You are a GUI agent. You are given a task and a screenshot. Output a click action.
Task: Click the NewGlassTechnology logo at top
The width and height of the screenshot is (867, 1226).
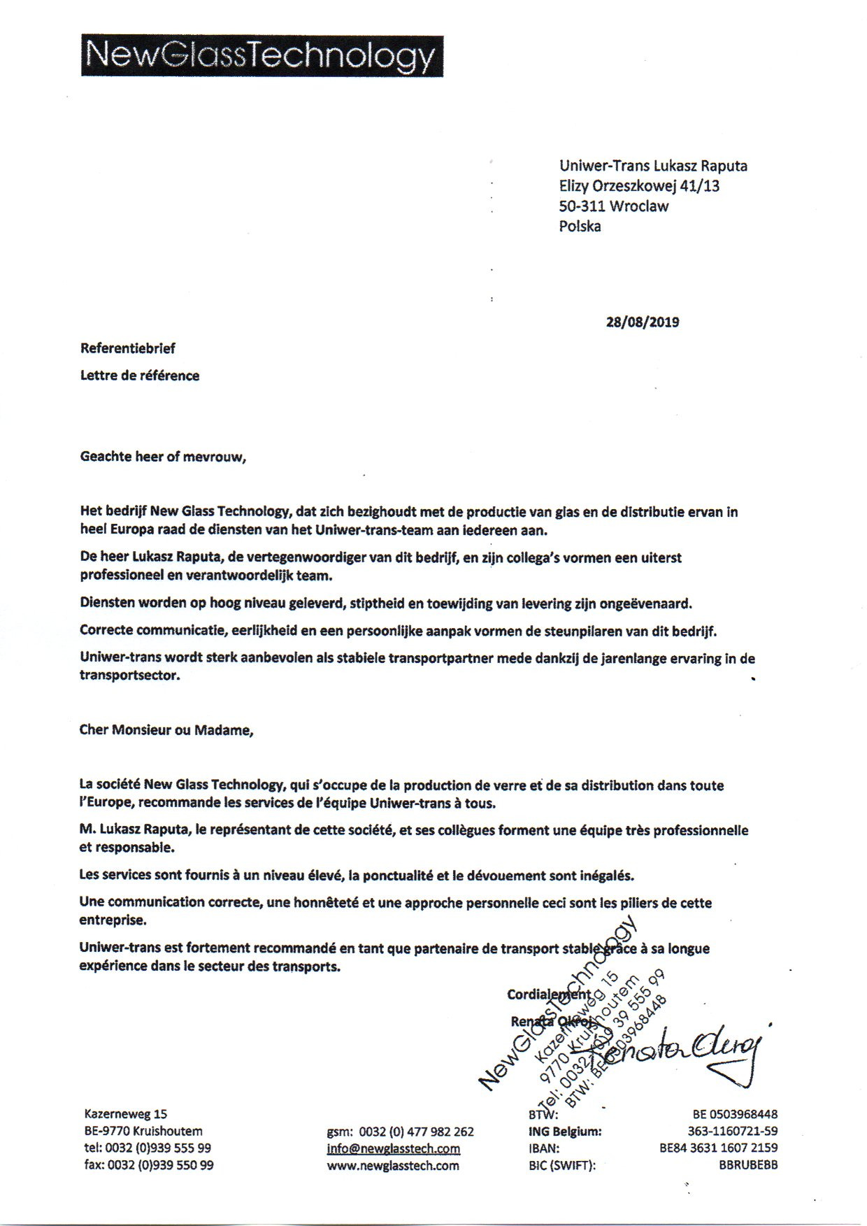pos(262,55)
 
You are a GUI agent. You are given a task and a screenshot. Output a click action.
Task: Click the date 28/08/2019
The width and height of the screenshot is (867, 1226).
pos(642,322)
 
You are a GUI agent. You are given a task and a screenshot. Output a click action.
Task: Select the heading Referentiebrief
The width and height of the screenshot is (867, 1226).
pos(128,348)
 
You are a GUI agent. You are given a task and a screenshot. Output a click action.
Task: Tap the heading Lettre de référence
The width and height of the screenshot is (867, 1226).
pos(140,376)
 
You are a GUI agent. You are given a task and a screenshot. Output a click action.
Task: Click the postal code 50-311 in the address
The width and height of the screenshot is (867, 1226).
pos(582,206)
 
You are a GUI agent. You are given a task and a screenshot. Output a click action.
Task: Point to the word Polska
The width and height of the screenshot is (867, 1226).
pos(580,226)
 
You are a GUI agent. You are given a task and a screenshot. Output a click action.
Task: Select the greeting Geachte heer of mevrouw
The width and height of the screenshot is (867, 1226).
pos(164,457)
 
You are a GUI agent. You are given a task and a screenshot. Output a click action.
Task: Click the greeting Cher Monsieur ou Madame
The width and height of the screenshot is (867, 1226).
pos(166,730)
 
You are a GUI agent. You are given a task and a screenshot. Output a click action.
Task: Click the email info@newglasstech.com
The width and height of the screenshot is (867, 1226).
pos(393,1148)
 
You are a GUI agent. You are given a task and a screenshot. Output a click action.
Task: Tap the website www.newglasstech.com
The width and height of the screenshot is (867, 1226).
pos(393,1165)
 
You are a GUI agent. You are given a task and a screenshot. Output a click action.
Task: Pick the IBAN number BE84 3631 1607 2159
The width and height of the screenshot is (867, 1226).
pos(718,1148)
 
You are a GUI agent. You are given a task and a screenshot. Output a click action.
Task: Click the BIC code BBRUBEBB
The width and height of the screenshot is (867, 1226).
pos(747,1165)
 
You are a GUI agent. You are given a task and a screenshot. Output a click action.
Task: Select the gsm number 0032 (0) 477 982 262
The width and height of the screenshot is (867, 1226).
pos(416,1132)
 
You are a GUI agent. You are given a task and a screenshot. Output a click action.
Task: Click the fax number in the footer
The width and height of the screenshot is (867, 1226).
pos(149,1165)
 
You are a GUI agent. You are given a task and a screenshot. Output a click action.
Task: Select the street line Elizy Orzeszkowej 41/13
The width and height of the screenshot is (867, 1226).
pos(639,186)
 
